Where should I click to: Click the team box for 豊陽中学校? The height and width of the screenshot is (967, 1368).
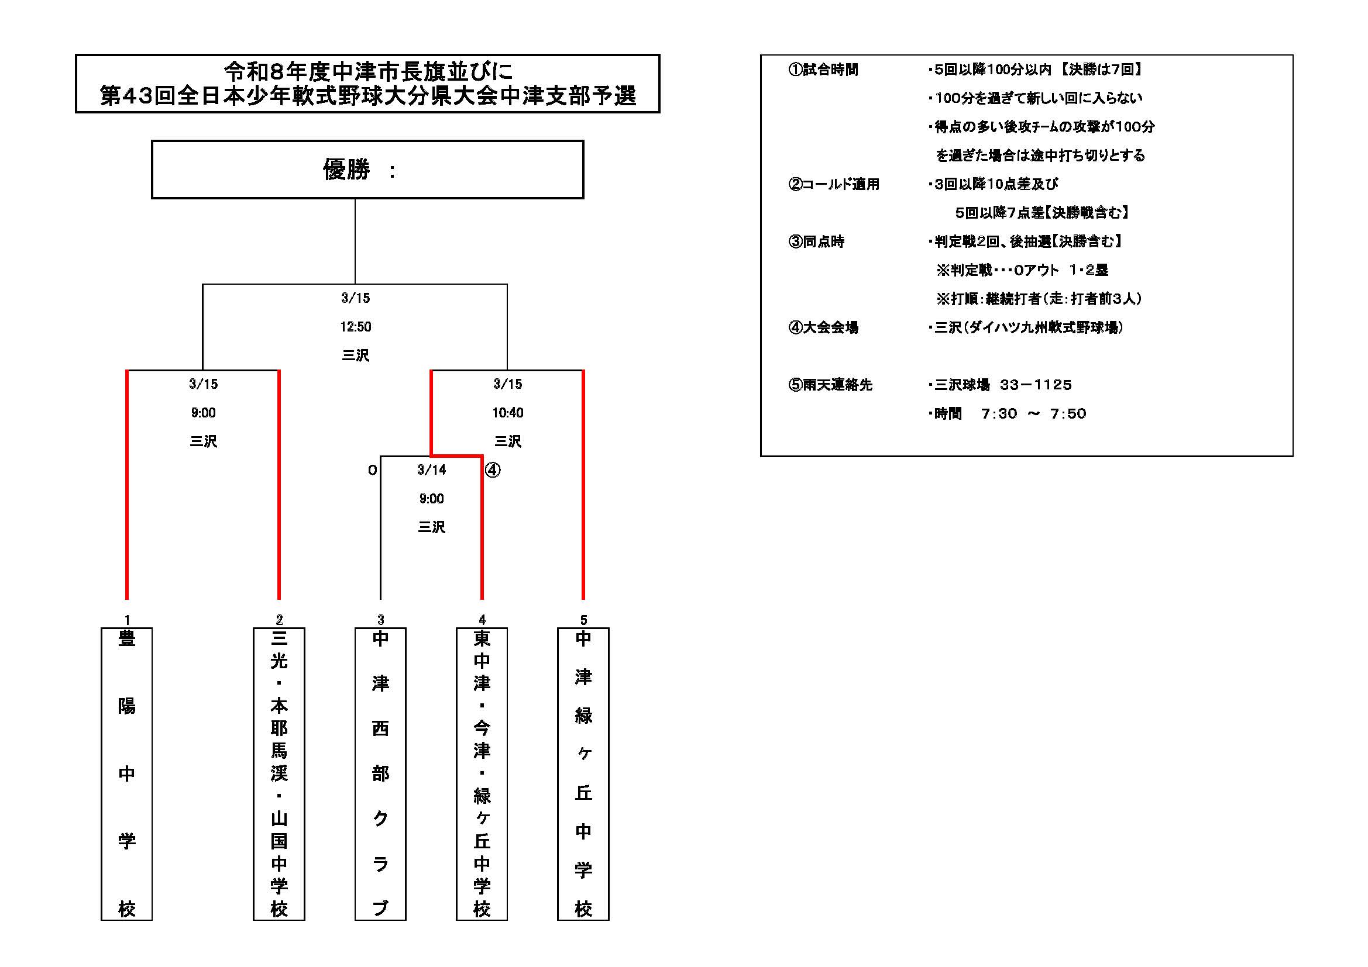click(x=126, y=773)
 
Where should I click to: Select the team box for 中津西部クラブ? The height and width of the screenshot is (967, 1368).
click(x=380, y=773)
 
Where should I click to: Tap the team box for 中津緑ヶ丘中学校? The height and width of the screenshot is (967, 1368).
click(x=583, y=773)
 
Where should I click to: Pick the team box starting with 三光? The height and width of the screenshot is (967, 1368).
click(x=279, y=773)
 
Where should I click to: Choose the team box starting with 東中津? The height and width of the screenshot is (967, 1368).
click(x=482, y=773)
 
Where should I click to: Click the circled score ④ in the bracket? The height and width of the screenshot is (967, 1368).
click(x=493, y=471)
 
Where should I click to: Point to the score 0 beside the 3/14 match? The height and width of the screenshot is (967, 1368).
click(x=372, y=471)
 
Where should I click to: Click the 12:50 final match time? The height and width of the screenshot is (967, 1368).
click(x=356, y=327)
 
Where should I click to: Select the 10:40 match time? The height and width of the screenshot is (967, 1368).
click(x=508, y=413)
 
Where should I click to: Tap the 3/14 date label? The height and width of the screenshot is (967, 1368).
click(x=431, y=470)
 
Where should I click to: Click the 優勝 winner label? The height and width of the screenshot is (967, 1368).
click(x=346, y=170)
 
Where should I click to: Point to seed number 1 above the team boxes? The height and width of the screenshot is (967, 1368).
click(x=127, y=620)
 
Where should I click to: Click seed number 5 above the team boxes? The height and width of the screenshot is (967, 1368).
click(x=583, y=620)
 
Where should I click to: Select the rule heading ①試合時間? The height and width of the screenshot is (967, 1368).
click(x=823, y=70)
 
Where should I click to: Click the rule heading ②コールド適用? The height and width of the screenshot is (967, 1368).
click(x=834, y=185)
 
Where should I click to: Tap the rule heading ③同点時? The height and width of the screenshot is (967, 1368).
click(x=816, y=242)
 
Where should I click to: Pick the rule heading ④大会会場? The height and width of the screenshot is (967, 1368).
click(x=823, y=327)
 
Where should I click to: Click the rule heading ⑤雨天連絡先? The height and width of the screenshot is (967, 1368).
click(x=830, y=385)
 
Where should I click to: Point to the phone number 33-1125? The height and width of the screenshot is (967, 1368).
click(x=1036, y=385)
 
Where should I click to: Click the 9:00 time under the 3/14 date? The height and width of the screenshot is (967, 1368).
click(x=431, y=498)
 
